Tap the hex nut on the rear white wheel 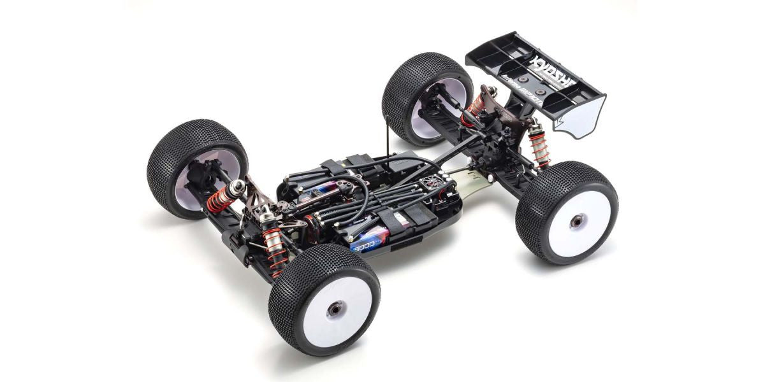(576, 220)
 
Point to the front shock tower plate (261, 204)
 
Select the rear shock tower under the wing (510, 115)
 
